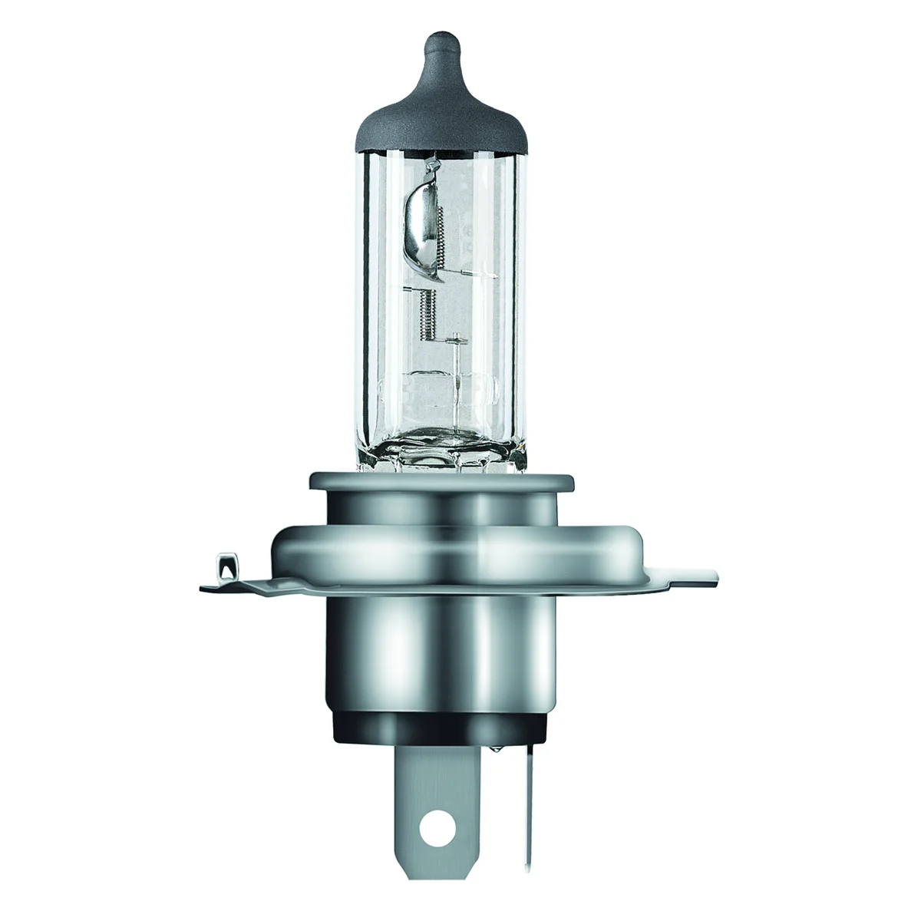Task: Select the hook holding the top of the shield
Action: tap(437, 163)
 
